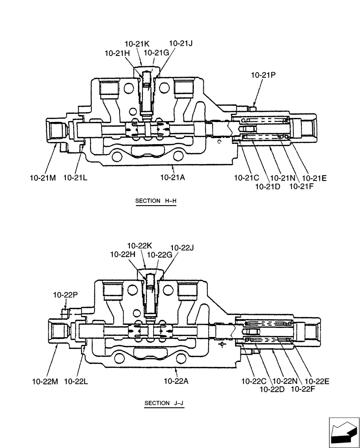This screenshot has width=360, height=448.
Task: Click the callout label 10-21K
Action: pos(137,44)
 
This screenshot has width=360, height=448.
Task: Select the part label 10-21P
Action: pos(263,76)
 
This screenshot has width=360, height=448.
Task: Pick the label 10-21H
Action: pos(117,53)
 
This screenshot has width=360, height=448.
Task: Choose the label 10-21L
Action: pos(75,178)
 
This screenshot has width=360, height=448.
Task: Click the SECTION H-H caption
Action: pos(156,201)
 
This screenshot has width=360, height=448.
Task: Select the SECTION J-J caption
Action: pos(164,403)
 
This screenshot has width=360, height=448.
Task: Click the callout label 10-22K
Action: pos(140,246)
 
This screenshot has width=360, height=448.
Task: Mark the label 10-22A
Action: pos(176,381)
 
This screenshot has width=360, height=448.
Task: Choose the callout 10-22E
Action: pos(317,381)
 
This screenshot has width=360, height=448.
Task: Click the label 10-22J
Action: pos(182,247)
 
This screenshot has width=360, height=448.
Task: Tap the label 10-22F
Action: pos(303,389)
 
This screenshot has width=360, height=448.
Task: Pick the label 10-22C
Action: pos(253,381)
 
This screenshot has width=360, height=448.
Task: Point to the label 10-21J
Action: pos(180,43)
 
